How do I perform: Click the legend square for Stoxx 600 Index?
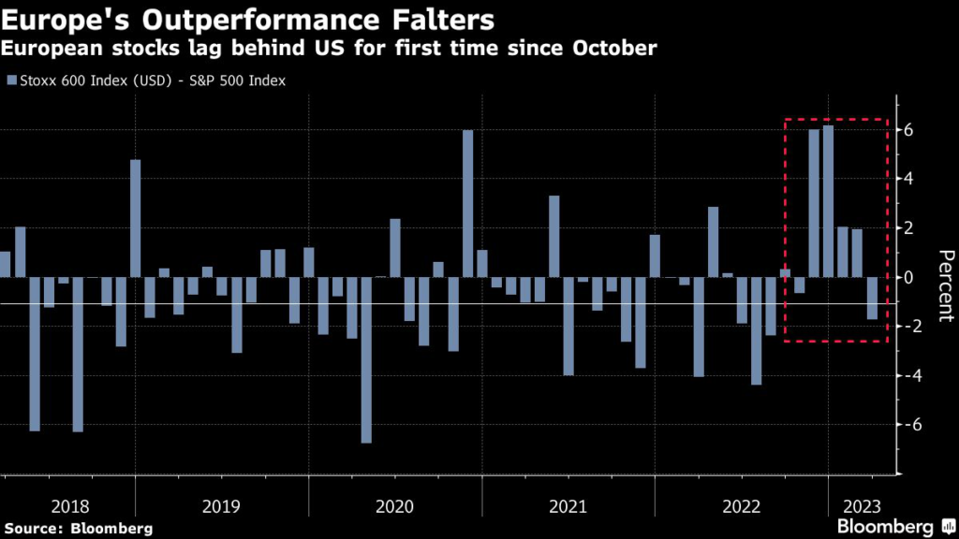[x=10, y=80]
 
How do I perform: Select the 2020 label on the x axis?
[x=394, y=506]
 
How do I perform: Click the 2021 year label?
[x=568, y=506]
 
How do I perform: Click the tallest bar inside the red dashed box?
[x=828, y=201]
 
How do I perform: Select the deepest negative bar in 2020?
[x=366, y=360]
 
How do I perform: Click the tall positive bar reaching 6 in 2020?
[x=467, y=204]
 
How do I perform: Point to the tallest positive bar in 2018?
[x=135, y=218]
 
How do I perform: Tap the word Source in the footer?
[x=34, y=528]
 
